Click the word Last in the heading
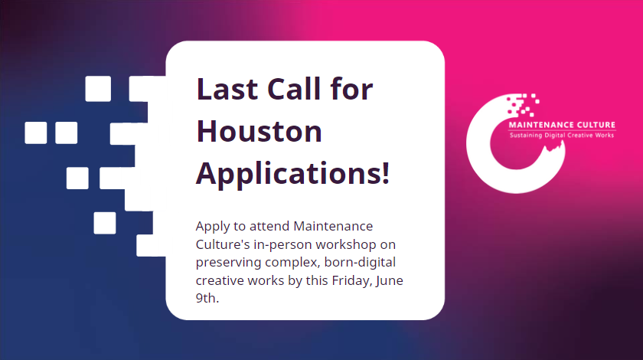click(x=224, y=90)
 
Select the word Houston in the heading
click(x=259, y=132)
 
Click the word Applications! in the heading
click(x=293, y=173)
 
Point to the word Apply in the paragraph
click(x=213, y=227)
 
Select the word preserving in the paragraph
click(x=228, y=263)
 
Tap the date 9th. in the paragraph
click(x=207, y=299)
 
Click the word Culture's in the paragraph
click(x=222, y=245)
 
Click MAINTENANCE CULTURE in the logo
click(x=562, y=126)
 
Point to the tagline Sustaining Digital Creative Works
click(x=562, y=136)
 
